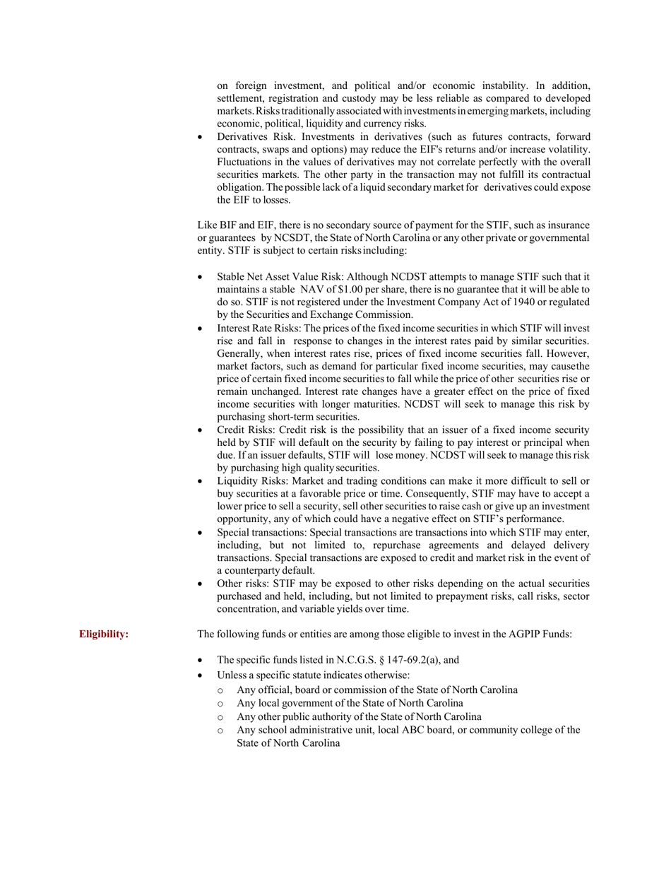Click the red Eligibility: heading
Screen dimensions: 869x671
tap(104, 634)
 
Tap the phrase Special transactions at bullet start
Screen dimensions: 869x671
tap(261, 532)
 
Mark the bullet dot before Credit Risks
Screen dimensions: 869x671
tap(201, 431)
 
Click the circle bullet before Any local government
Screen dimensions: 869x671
tap(221, 704)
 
